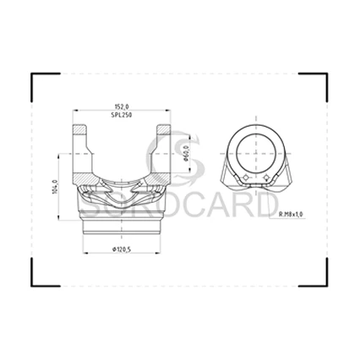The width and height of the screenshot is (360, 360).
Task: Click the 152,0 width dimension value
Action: coord(122,106)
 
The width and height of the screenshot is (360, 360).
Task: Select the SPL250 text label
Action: coord(122,115)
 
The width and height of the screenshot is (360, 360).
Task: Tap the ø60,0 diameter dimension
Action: coord(185,154)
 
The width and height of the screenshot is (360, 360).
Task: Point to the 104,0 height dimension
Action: coord(55,187)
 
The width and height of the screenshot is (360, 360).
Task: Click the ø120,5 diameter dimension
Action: coord(122,249)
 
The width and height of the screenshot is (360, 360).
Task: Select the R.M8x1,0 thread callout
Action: coord(291,215)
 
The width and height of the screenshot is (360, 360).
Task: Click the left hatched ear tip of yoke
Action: coord(79,129)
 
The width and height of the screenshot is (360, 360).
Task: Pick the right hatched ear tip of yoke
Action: coord(164,129)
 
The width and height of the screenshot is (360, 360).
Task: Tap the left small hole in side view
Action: coord(245,177)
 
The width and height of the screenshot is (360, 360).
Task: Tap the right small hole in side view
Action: coord(266,177)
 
